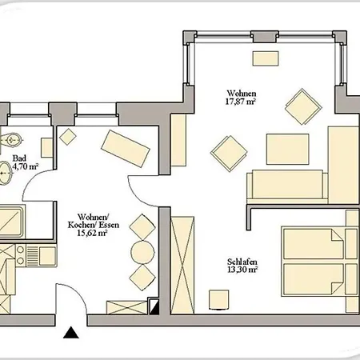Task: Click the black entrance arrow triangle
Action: [71, 332]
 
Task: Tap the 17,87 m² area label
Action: [241, 102]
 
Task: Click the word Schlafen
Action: [242, 262]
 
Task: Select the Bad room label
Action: [19, 158]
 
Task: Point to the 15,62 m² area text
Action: [92, 233]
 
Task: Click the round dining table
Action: [142, 252]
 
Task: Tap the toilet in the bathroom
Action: [10, 139]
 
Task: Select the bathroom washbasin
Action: [6, 173]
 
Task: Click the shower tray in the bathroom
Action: [11, 221]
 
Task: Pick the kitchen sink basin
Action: [47, 256]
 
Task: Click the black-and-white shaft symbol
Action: [154, 306]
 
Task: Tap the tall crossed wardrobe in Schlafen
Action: [182, 266]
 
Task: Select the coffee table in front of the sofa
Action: [287, 149]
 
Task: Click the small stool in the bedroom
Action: [218, 300]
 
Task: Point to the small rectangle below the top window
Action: [266, 58]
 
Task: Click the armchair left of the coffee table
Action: [229, 154]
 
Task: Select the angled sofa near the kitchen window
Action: [126, 148]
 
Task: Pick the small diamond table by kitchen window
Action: [68, 137]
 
